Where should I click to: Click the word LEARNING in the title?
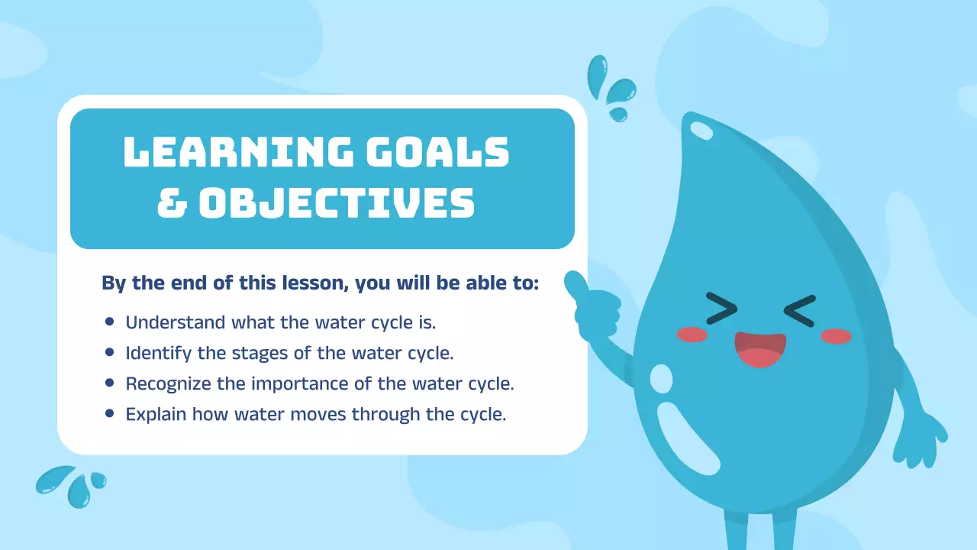click(x=237, y=152)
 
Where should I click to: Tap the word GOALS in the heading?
click(x=437, y=152)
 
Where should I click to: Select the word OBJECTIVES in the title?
click(x=337, y=202)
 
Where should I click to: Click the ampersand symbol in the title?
click(x=172, y=202)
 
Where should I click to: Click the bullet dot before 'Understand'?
click(x=109, y=322)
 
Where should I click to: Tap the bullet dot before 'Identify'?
click(x=109, y=352)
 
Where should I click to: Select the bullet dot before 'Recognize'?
click(x=109, y=383)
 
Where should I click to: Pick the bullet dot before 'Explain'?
click(x=109, y=413)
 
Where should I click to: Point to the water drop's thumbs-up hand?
click(x=592, y=309)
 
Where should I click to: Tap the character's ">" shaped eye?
click(x=721, y=308)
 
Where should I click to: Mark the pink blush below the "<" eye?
click(x=836, y=336)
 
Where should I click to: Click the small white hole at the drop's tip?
click(x=700, y=129)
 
